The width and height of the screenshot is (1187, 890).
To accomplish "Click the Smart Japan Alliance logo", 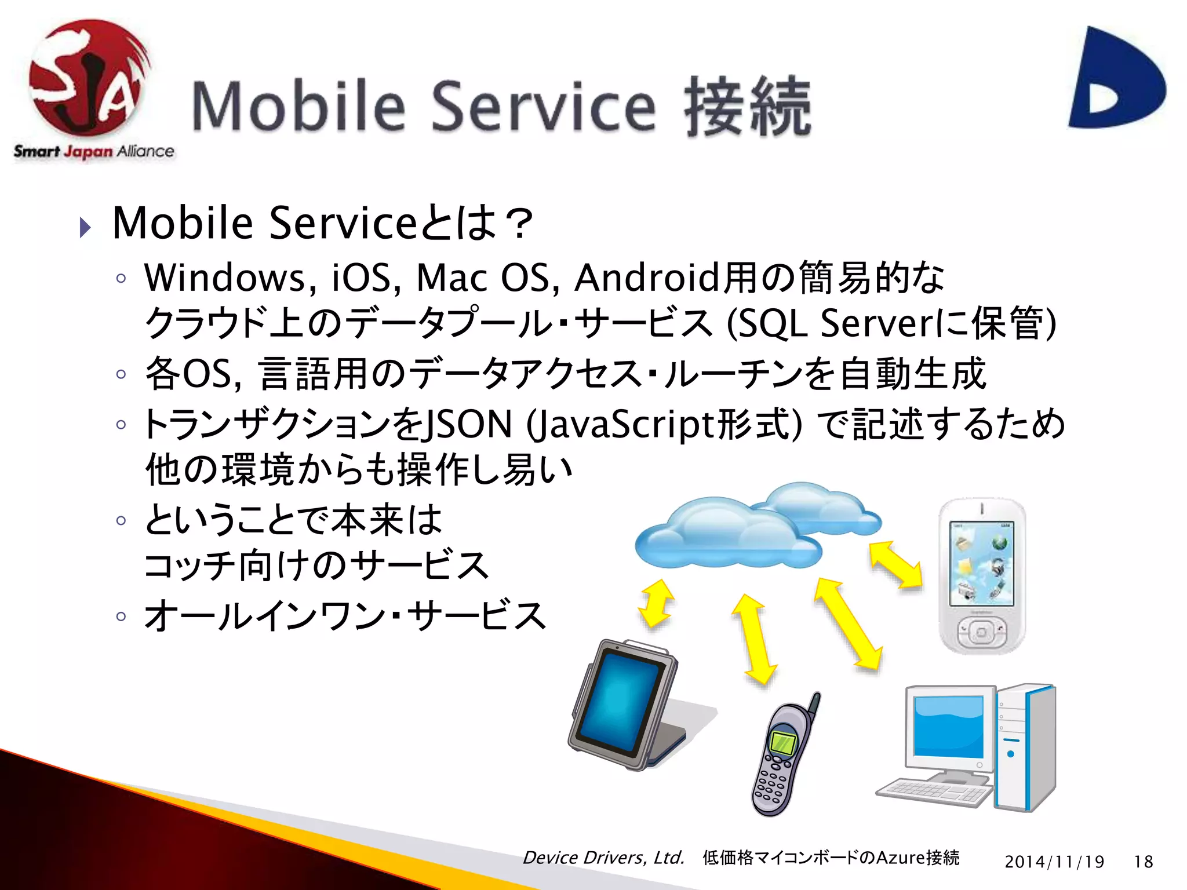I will (90, 87).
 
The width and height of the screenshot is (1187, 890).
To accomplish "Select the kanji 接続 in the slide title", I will (748, 107).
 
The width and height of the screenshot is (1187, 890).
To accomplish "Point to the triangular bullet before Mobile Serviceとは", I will (85, 227).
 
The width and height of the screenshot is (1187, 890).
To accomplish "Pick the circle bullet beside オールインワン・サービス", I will (121, 616).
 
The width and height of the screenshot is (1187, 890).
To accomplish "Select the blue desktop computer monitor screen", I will (948, 728).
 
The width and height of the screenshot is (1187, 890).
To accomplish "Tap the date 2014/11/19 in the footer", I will (1054, 862).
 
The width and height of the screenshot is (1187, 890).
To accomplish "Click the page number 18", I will (1144, 862).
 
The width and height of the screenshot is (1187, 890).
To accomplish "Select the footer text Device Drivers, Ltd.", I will (603, 858).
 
